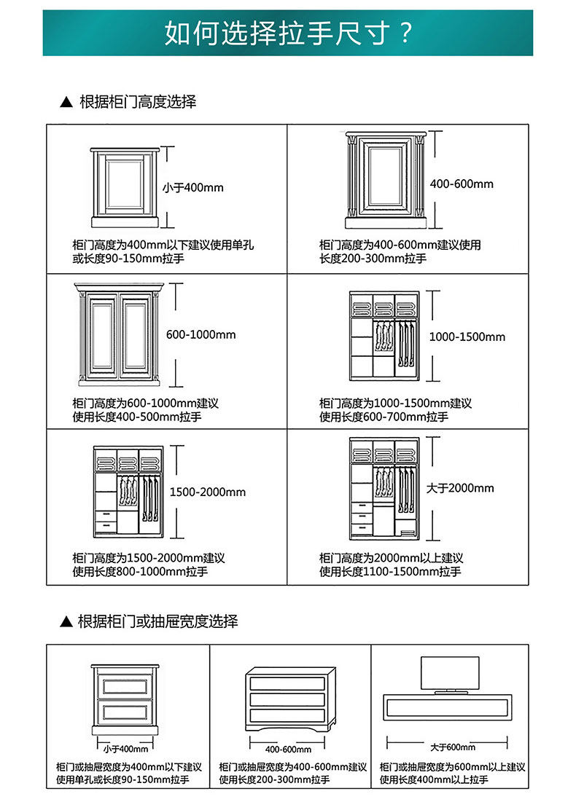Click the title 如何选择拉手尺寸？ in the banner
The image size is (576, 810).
point(288,34)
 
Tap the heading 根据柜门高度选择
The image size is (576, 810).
point(137,102)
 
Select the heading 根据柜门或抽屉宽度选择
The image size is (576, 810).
point(157,621)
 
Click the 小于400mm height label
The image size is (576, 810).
point(192,188)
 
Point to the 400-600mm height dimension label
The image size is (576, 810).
point(462,184)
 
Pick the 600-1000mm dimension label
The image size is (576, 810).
point(201,334)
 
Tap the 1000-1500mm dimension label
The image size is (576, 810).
point(467,337)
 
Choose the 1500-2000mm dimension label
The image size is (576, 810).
point(208,492)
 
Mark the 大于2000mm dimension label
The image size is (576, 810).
point(460,487)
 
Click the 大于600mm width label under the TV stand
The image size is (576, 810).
point(452,747)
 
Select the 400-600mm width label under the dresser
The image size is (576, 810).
point(288,750)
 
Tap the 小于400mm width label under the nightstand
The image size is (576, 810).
point(125,749)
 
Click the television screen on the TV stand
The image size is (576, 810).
point(450,673)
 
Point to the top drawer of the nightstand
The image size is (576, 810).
point(125,685)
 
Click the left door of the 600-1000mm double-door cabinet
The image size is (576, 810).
point(101,337)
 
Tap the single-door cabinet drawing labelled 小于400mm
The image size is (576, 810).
point(123,186)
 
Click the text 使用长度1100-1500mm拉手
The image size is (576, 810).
point(390,572)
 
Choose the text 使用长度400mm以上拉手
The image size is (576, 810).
point(435,780)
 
